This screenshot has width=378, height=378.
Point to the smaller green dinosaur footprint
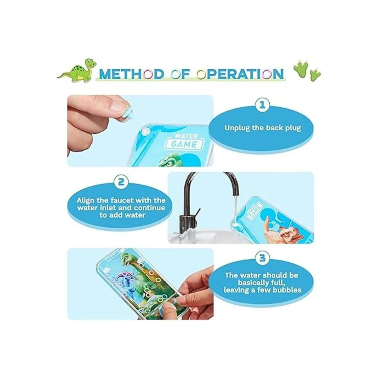(x=315, y=76)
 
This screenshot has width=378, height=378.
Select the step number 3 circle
(x=262, y=258)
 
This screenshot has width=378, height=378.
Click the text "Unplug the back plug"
(x=262, y=128)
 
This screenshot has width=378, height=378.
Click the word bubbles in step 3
(x=288, y=290)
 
